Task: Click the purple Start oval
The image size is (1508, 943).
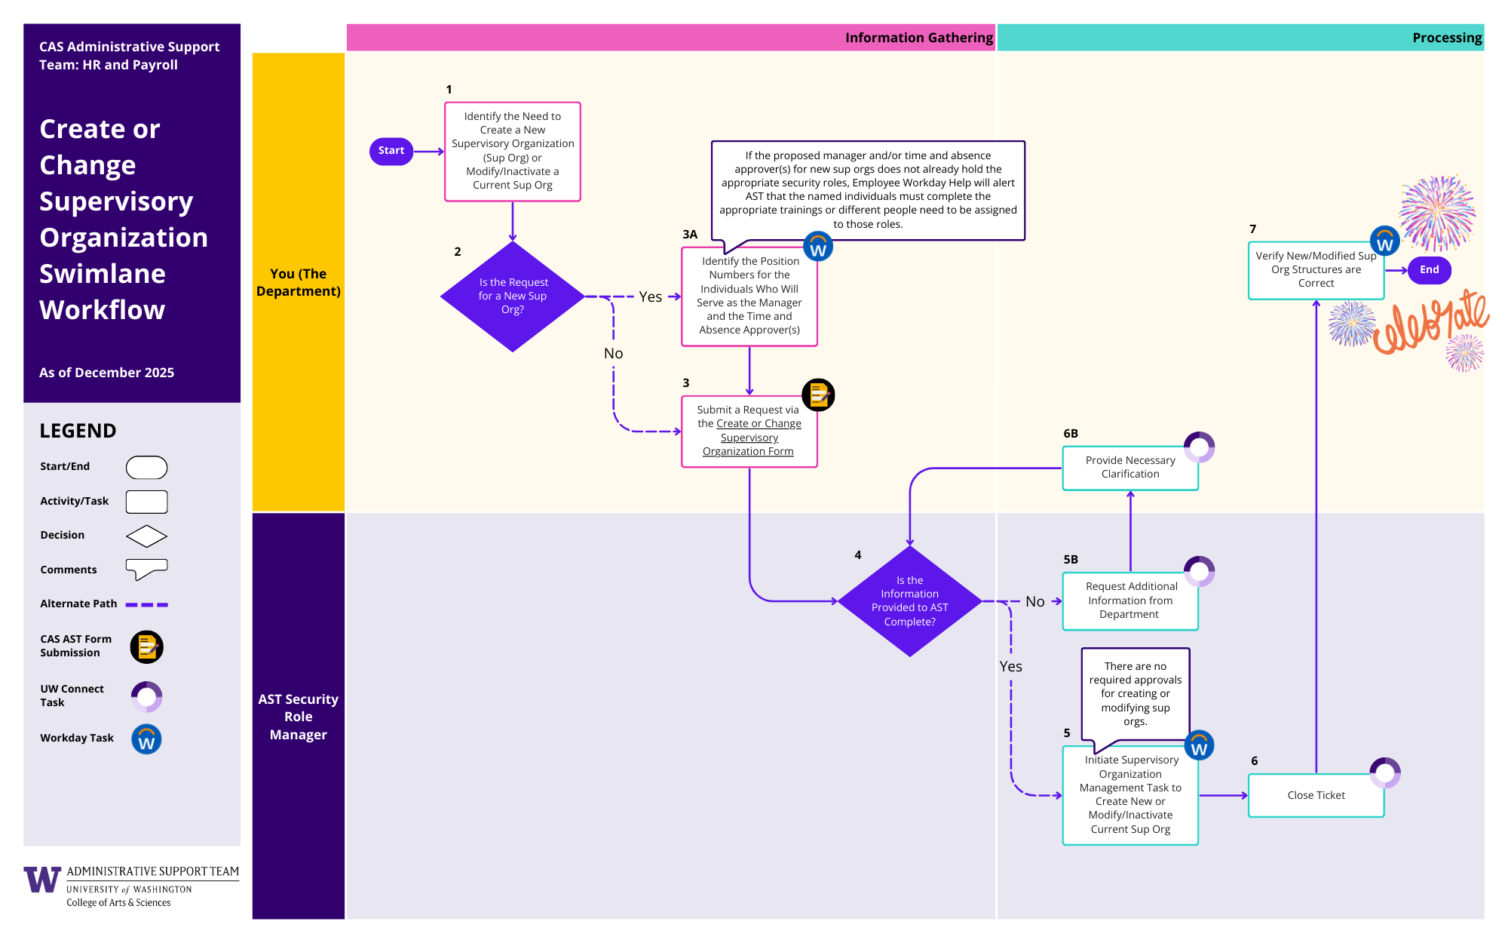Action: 391,151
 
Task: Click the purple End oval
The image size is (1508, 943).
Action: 1429,270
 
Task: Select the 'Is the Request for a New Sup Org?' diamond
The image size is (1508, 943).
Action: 513,296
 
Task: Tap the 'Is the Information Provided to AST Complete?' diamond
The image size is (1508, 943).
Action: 909,601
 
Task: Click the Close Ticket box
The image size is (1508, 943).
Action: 1316,795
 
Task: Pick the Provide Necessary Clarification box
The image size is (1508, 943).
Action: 1129,468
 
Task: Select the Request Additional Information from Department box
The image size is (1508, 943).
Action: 1129,601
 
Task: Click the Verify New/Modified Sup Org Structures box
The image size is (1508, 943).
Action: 1316,270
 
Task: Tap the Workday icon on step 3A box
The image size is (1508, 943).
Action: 818,247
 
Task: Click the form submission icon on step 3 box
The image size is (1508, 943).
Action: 818,395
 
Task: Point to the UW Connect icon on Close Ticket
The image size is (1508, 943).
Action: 1385,773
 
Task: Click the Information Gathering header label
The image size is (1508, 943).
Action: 918,38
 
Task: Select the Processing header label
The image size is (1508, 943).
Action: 1446,38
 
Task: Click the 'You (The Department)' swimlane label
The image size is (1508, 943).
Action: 299,282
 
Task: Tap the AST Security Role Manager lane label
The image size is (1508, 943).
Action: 299,717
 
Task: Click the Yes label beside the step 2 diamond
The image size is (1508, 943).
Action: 650,297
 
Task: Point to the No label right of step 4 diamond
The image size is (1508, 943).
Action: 1034,602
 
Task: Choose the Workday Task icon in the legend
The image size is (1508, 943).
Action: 146,739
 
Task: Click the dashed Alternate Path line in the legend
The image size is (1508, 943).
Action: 146,604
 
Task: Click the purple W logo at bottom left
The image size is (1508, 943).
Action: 42,880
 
